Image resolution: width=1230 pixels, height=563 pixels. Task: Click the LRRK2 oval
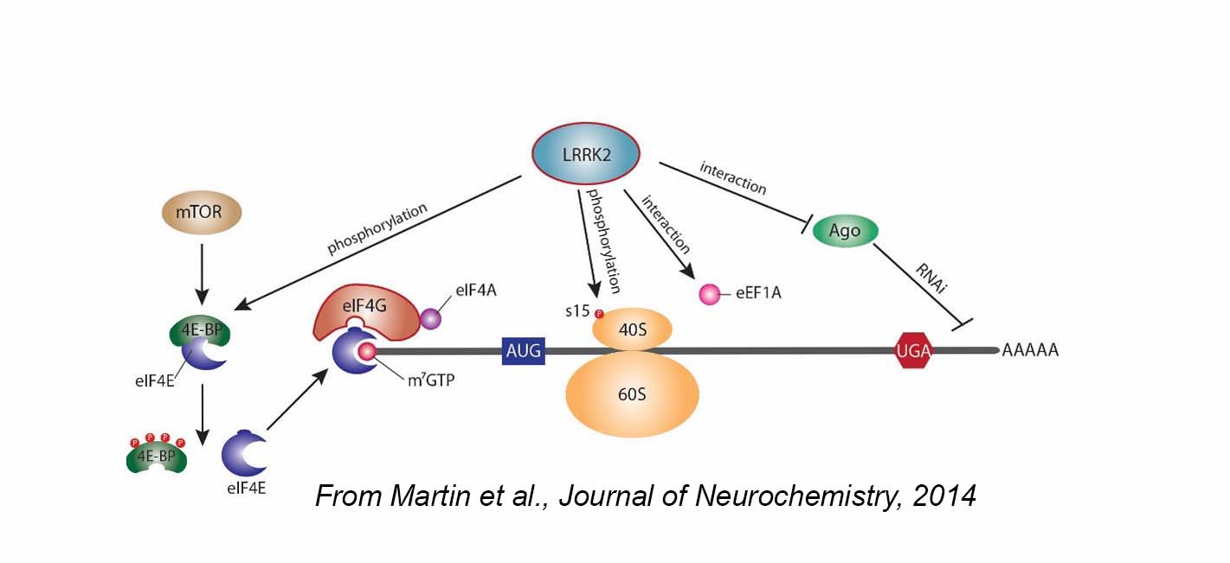pyautogui.click(x=583, y=153)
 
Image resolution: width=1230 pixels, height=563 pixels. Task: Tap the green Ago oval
pyautogui.click(x=846, y=231)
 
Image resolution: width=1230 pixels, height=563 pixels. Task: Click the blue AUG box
pyautogui.click(x=523, y=351)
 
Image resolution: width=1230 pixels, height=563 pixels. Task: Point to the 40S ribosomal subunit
pyautogui.click(x=632, y=329)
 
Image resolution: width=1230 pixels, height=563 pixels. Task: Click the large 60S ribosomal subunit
pyautogui.click(x=632, y=394)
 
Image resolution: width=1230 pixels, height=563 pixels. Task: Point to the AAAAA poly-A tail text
pyautogui.click(x=1031, y=351)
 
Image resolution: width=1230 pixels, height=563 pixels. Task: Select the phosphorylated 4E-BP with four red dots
pyautogui.click(x=157, y=456)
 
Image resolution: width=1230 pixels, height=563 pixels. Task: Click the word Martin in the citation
pyautogui.click(x=424, y=496)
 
